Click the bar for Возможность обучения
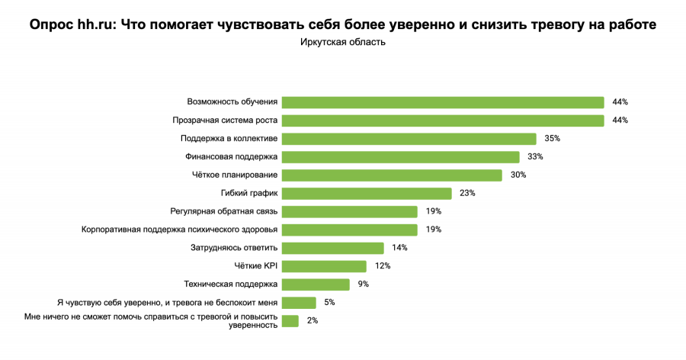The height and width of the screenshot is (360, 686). coord(442,102)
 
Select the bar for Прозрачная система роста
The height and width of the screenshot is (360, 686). coord(442,121)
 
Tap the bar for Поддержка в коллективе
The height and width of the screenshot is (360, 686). coord(409,139)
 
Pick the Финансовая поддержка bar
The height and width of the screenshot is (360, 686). coord(400,157)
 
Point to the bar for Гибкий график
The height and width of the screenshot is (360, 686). coord(367,193)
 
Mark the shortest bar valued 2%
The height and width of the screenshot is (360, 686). coord(290,321)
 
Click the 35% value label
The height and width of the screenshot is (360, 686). coord(553,139)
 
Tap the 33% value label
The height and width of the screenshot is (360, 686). coord(535,157)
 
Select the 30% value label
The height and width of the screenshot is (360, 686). coord(518,175)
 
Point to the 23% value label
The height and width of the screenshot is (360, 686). coord(467,193)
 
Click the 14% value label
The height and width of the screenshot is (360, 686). coord(399,248)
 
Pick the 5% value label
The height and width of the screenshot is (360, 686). coord(329,303)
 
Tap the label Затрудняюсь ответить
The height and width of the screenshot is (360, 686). coord(234,248)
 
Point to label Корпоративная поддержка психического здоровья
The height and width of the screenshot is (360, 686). coord(180,230)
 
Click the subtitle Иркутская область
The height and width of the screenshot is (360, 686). coord(343,43)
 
